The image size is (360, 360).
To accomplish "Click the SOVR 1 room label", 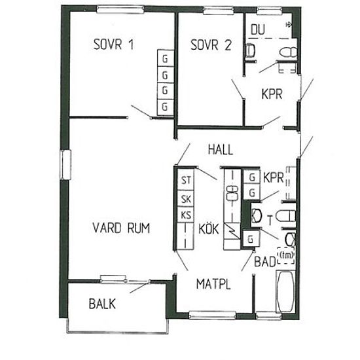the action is [114, 45].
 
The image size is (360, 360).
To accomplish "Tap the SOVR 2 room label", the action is [211, 45].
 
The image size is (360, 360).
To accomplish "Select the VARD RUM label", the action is [121, 228].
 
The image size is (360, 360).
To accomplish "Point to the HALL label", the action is [221, 149].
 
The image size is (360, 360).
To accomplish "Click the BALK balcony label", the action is [102, 304].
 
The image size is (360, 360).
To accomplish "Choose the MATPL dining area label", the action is [213, 284].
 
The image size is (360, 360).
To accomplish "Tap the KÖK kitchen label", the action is [208, 228].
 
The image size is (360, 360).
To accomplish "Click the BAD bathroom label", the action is [265, 261].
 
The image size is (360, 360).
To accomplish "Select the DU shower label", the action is [258, 29].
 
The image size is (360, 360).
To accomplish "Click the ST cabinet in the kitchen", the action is [186, 179].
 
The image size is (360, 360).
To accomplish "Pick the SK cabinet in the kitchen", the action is [186, 198].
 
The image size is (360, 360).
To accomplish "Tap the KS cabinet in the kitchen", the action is [186, 215].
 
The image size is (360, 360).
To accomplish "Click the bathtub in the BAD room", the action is [285, 291].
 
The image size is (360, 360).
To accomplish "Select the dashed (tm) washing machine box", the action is [286, 255].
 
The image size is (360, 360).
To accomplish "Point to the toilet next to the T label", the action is [286, 216].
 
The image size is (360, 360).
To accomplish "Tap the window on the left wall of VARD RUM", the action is [65, 164].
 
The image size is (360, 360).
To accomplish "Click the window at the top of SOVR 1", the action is [120, 9].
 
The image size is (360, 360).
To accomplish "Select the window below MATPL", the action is [212, 315].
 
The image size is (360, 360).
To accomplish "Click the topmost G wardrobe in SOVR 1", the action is [165, 58].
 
